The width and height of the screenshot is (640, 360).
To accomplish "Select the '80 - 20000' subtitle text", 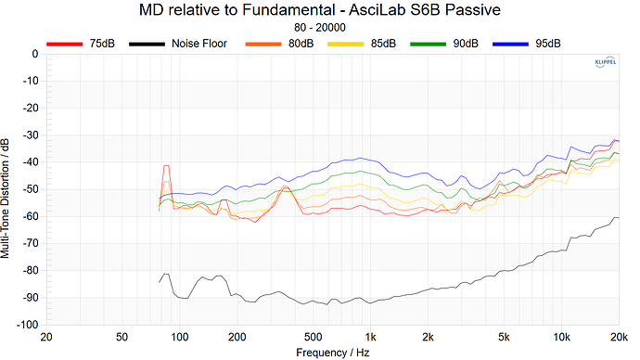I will [319, 29].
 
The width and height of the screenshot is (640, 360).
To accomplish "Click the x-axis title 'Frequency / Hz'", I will [333, 353].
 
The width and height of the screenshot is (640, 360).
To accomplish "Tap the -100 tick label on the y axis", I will [22, 326].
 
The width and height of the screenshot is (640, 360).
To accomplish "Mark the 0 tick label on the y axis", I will [32, 54].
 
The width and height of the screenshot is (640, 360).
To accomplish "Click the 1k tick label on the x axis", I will [370, 336].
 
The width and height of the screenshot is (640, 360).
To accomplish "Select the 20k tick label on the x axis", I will [618, 336].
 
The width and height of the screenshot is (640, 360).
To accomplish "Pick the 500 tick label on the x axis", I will [313, 336].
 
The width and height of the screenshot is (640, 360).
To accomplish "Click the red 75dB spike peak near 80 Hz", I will [167, 165].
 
